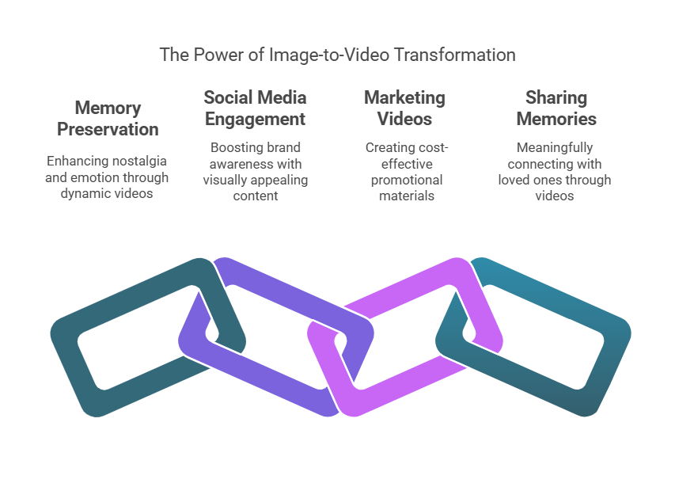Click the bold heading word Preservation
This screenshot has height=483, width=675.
coord(108,129)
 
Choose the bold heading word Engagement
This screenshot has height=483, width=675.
coord(256,120)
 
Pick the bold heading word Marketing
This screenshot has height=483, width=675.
coord(404,98)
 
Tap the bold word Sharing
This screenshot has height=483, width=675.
coord(556,98)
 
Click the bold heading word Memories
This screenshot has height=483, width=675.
coord(556,119)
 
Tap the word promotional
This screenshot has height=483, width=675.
coord(407,180)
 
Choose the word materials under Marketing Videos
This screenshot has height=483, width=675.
coord(407,196)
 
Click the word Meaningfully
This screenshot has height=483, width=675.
coord(555,148)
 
